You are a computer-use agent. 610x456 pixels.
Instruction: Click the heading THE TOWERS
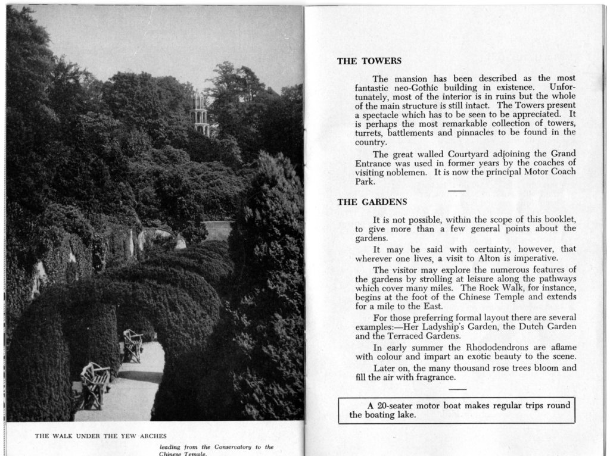click(x=369, y=61)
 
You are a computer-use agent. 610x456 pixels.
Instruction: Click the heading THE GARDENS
click(x=372, y=202)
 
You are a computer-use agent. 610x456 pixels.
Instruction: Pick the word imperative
click(x=527, y=258)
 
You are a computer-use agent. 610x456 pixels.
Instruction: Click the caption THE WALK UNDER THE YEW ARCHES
click(x=101, y=436)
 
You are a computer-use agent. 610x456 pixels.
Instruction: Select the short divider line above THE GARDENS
click(x=457, y=190)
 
